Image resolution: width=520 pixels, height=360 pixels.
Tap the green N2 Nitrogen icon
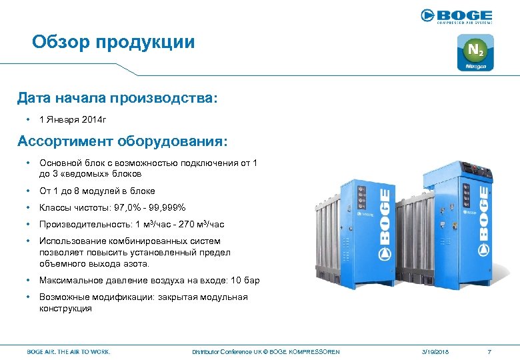click(475, 53)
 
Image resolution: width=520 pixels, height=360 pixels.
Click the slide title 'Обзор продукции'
click(113, 43)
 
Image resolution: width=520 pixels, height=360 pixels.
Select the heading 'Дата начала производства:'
click(117, 99)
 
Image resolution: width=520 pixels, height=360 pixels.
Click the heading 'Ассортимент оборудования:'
click(122, 141)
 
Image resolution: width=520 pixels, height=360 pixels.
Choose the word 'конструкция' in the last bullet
click(65, 308)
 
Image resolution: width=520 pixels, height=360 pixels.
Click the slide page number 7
click(489, 351)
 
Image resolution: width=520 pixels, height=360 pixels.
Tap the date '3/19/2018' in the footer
click(435, 351)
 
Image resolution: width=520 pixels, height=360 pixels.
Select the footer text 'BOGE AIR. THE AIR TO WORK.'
click(69, 351)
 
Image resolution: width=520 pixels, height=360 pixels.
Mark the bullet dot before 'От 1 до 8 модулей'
click(28, 191)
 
